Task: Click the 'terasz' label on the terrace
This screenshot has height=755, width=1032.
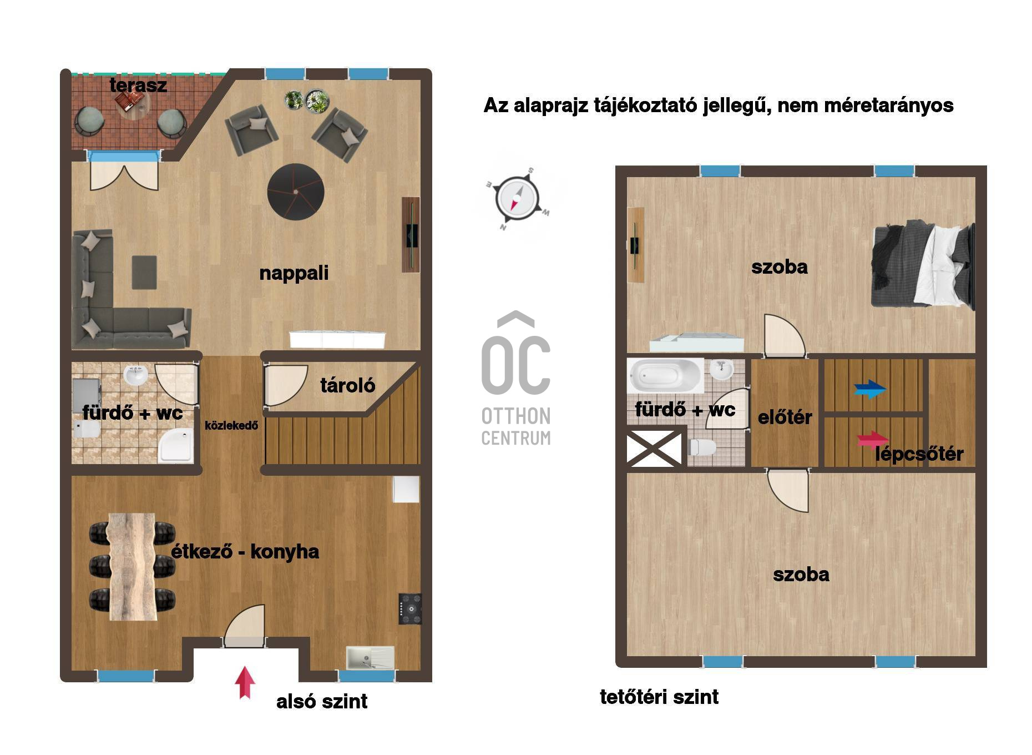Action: [x=138, y=85]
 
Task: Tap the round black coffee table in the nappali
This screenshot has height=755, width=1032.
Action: [x=296, y=192]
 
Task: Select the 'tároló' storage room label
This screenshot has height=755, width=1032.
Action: [x=348, y=385]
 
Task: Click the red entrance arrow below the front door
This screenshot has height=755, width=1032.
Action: [x=245, y=682]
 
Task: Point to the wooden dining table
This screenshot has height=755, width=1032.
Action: [x=132, y=566]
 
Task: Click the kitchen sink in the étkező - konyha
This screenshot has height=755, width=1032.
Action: [x=370, y=658]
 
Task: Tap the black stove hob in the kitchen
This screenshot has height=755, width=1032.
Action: [x=410, y=608]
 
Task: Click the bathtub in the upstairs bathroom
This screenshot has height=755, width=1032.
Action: [x=665, y=376]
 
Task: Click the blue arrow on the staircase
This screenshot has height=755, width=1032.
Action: [x=870, y=389]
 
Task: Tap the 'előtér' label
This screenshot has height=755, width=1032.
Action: [x=785, y=417]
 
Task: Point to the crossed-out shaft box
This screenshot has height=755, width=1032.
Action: [x=654, y=447]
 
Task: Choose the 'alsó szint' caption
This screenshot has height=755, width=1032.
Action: [x=322, y=701]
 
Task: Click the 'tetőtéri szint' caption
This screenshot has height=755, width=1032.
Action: [x=659, y=697]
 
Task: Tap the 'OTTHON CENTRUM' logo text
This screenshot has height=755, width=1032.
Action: [x=516, y=426]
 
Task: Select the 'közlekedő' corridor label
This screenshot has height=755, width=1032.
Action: [x=231, y=426]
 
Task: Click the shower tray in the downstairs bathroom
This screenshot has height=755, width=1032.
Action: [x=176, y=445]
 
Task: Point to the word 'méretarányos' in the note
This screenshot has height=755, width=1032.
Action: [x=889, y=105]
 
